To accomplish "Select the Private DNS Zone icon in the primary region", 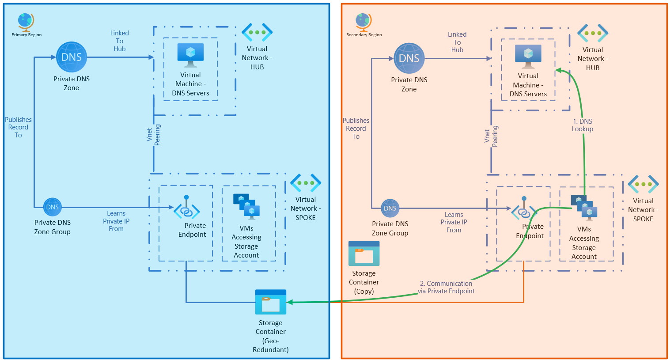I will tap(72, 57).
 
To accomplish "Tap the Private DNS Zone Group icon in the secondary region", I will tap(390, 208).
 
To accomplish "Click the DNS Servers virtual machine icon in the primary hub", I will tap(190, 55).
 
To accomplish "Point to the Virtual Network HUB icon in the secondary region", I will tap(593, 34).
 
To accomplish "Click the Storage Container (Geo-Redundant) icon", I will tap(271, 302).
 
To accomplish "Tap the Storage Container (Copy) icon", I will tap(364, 254).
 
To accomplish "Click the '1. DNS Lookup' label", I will tap(583, 125).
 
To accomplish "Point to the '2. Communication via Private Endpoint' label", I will tap(446, 287).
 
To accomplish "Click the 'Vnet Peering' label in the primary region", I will tap(154, 135).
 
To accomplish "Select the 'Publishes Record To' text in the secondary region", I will tap(356, 129).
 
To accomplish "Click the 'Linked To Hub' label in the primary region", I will tap(119, 41).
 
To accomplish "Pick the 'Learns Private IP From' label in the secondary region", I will tap(454, 222).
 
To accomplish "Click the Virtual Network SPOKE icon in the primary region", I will tap(306, 183).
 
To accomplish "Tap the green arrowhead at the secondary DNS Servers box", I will tap(558, 70).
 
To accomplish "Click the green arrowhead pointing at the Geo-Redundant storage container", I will tap(289, 302).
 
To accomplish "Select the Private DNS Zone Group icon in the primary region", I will tap(53, 207).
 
